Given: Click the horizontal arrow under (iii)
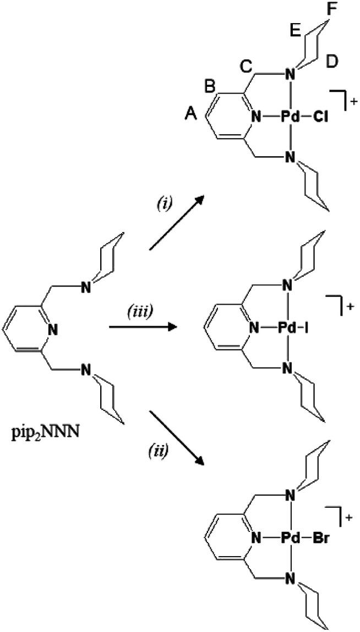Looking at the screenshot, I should (144, 328).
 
